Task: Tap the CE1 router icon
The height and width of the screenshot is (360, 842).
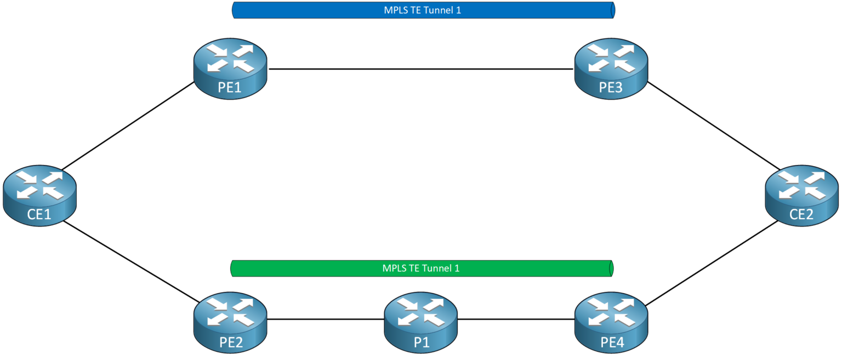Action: click(39, 195)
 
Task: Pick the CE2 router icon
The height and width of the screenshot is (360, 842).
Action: click(801, 195)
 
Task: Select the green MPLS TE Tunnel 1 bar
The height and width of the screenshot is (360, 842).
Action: click(421, 268)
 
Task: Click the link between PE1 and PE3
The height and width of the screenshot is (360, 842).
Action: click(420, 69)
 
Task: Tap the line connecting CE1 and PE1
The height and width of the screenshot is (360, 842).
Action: click(129, 127)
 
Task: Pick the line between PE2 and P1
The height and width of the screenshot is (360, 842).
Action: click(325, 319)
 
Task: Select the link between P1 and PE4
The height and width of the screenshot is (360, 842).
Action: click(515, 319)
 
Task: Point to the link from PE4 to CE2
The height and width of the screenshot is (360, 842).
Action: click(713, 261)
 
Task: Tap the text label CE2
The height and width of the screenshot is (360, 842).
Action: click(801, 214)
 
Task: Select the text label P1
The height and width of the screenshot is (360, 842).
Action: click(420, 342)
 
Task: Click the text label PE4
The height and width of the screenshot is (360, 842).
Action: click(611, 342)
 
